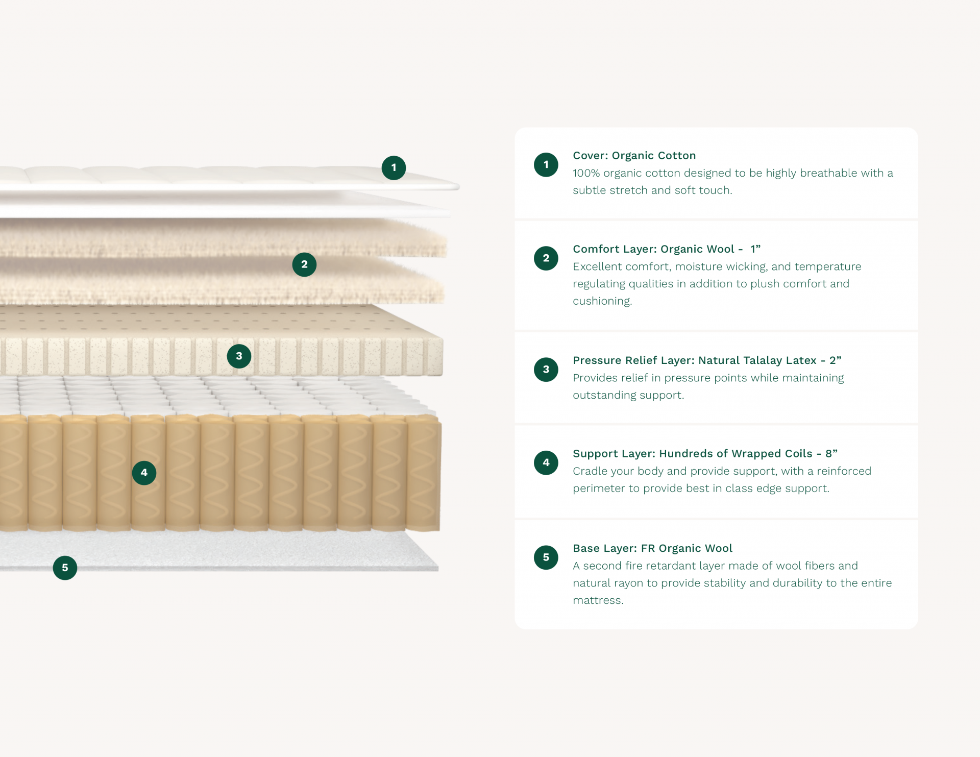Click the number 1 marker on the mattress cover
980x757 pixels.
(x=394, y=167)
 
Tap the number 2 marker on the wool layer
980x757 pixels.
(x=304, y=264)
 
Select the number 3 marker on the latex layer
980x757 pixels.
(x=239, y=356)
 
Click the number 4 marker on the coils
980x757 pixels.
(x=144, y=473)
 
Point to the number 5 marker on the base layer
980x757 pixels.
(x=65, y=568)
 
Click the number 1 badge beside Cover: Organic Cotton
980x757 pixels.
(x=546, y=164)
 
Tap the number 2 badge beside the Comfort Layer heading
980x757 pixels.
(x=546, y=258)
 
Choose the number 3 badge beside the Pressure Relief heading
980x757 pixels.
(x=546, y=369)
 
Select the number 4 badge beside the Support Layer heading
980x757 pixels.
(x=546, y=462)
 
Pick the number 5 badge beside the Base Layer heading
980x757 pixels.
(x=546, y=557)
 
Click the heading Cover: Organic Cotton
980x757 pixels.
(x=634, y=156)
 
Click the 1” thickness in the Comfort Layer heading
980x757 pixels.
(x=755, y=249)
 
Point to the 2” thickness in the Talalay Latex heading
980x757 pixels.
(x=836, y=360)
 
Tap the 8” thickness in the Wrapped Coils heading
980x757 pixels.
(x=831, y=454)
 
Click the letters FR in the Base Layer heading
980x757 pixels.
(x=648, y=548)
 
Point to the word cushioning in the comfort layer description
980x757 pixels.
(x=602, y=301)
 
